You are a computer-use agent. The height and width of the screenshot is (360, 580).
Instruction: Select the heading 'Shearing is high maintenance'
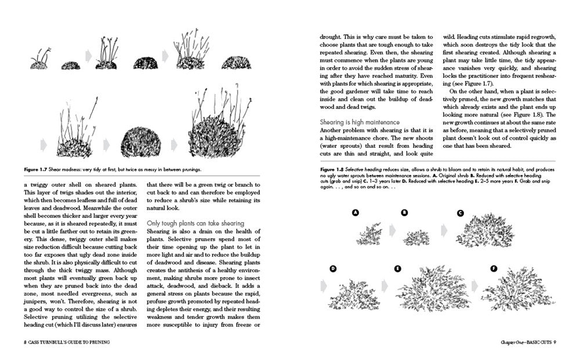click(360, 122)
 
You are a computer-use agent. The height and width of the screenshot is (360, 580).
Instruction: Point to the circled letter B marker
click(404, 213)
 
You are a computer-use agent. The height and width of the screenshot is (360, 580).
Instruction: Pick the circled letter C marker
click(460, 213)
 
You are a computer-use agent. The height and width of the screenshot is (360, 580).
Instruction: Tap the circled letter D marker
click(333, 268)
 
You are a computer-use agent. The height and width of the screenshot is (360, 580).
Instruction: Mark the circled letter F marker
click(494, 268)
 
